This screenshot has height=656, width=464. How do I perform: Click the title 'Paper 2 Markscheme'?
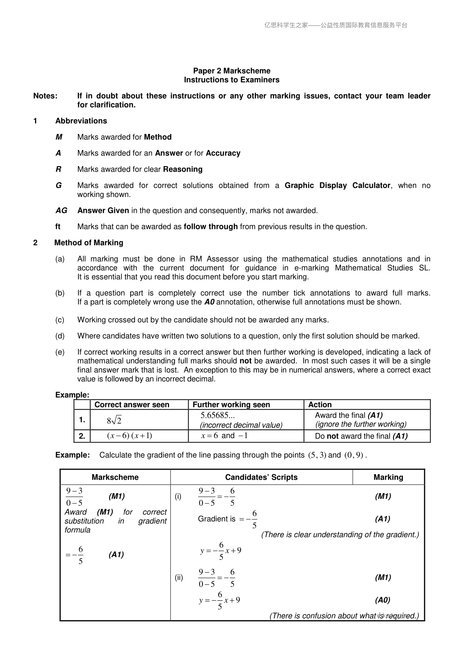pyautogui.click(x=231, y=71)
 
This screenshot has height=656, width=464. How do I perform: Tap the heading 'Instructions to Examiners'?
pyautogui.click(x=231, y=80)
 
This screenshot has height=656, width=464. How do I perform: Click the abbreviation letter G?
pyautogui.click(x=58, y=185)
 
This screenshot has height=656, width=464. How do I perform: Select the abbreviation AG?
pyautogui.click(x=61, y=211)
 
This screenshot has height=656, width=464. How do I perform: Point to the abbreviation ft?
pyautogui.click(x=58, y=227)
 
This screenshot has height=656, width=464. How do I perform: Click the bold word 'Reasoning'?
pyautogui.click(x=183, y=169)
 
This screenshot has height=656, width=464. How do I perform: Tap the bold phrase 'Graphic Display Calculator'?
pyautogui.click(x=337, y=185)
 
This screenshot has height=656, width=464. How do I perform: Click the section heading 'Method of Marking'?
pyautogui.click(x=89, y=243)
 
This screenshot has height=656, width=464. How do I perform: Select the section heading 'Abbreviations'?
pyautogui.click(x=81, y=121)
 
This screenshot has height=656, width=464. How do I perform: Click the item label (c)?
pyautogui.click(x=60, y=320)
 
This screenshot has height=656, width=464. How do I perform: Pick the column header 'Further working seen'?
pyautogui.click(x=231, y=405)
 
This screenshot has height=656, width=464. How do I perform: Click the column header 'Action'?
pyautogui.click(x=320, y=405)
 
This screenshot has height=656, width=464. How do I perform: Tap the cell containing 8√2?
pyautogui.click(x=114, y=420)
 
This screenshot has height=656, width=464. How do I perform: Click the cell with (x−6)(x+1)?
pyautogui.click(x=129, y=436)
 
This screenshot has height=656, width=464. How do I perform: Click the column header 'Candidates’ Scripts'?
pyautogui.click(x=261, y=477)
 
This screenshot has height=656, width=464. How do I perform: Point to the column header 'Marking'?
pyautogui.click(x=388, y=477)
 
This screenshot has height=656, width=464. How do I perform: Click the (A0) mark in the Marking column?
pyautogui.click(x=383, y=600)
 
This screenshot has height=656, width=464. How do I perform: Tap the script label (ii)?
pyautogui.click(x=178, y=577)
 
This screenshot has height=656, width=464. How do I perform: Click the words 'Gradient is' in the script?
pyautogui.click(x=217, y=519)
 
